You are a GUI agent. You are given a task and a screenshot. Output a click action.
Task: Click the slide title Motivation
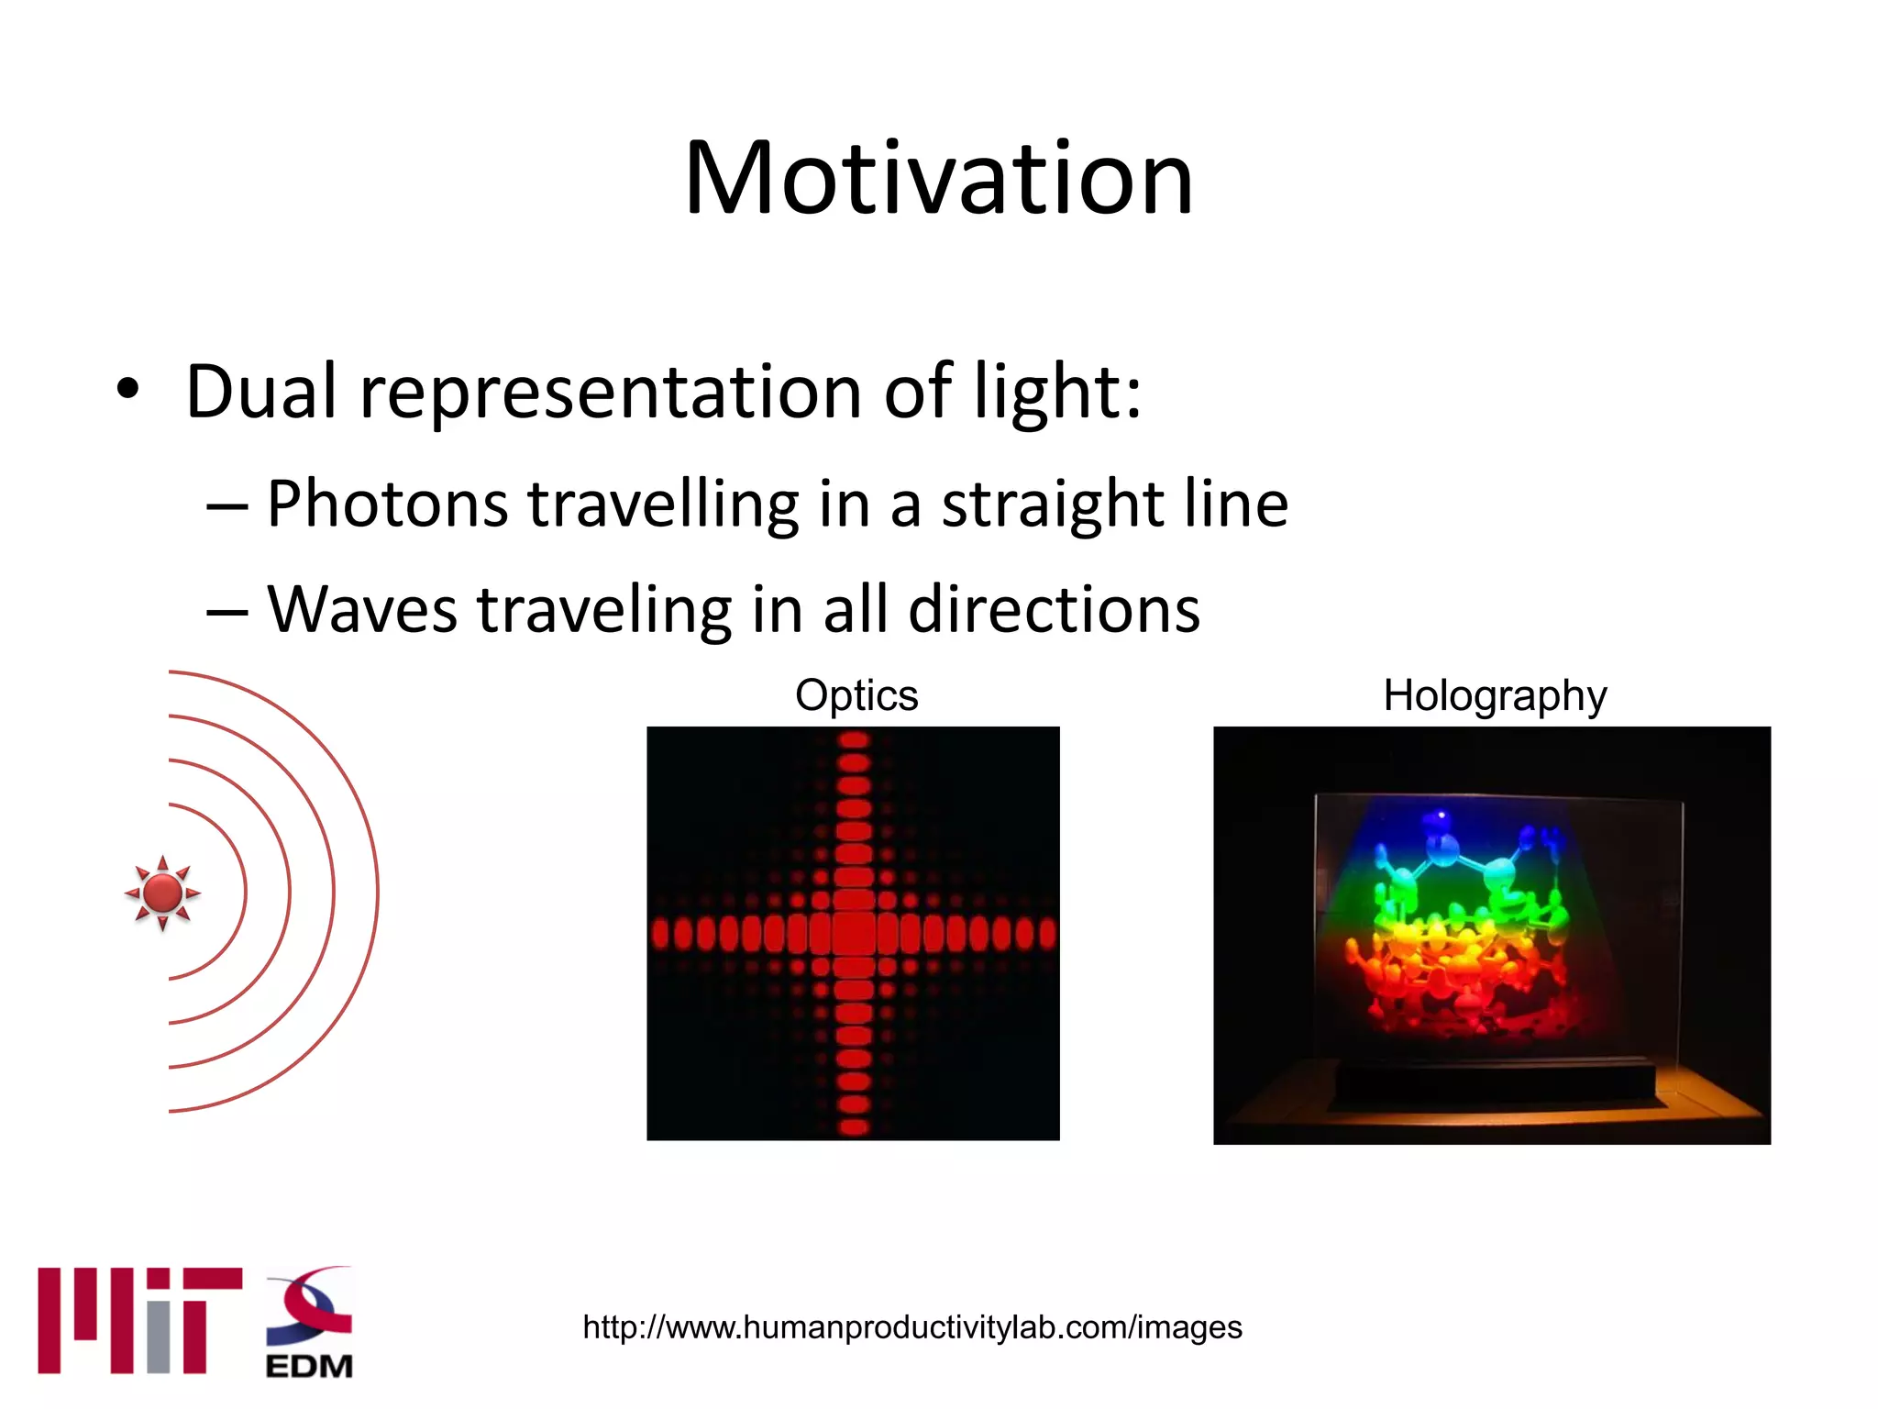938,178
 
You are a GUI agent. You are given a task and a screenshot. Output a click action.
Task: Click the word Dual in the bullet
260,393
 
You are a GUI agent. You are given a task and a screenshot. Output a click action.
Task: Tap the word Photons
386,505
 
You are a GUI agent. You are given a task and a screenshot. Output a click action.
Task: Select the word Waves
361,610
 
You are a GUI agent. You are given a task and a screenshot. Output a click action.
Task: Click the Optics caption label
856,695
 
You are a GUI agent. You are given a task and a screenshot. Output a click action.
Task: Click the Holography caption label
1494,695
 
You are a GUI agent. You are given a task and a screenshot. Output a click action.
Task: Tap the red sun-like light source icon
163,893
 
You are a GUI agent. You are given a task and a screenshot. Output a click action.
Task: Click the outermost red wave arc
377,892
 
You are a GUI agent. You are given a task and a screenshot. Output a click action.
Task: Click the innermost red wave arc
245,892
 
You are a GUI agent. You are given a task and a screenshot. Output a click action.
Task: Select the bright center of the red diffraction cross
854,933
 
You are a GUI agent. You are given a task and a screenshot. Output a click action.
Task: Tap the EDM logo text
309,1366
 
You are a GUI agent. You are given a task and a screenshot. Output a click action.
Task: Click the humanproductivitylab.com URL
911,1327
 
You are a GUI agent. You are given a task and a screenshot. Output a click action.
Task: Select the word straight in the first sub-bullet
1052,505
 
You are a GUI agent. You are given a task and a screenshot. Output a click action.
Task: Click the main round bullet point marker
128,390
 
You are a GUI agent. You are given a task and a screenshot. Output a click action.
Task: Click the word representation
610,393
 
